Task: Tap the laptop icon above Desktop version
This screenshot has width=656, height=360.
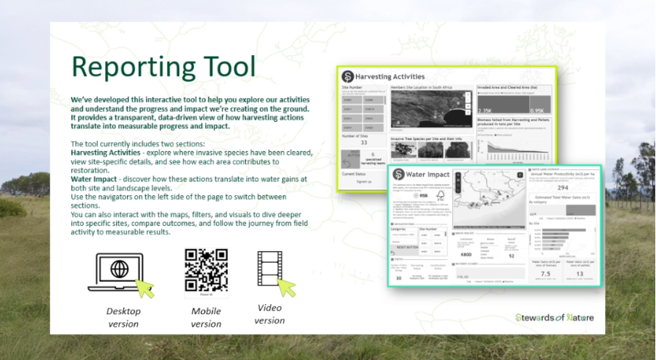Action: click(119, 271)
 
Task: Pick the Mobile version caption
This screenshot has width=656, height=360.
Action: click(206, 317)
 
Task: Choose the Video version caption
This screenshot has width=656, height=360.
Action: click(269, 314)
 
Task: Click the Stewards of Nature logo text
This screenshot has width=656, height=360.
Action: click(555, 317)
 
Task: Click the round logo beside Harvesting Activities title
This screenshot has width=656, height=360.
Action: click(348, 76)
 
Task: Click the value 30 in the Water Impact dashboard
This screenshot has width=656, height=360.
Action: click(399, 277)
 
